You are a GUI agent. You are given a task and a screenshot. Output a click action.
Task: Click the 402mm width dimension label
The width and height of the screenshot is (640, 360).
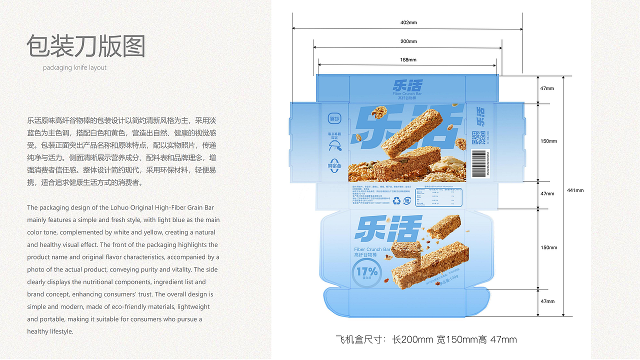point(408,22)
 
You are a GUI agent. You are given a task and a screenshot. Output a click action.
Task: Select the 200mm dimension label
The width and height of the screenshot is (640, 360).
point(408,41)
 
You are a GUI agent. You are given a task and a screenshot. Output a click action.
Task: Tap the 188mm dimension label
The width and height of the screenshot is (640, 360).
point(408,59)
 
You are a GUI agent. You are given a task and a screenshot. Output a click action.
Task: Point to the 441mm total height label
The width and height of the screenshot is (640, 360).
point(575,190)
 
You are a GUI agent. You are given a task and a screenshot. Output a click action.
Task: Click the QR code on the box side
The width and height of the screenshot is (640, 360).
point(478,138)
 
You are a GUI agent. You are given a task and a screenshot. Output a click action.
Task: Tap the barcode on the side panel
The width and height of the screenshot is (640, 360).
point(480,163)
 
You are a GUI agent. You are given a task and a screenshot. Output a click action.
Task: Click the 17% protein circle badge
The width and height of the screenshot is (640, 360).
point(367,272)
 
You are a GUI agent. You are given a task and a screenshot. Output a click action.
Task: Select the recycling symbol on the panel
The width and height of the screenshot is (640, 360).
point(397,200)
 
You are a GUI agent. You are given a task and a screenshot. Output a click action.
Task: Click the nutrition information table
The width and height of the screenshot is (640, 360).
point(440,197)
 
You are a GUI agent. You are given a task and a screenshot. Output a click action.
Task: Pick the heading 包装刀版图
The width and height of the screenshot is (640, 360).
point(85,47)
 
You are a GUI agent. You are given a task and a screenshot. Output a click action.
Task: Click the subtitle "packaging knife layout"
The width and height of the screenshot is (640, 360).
point(74,67)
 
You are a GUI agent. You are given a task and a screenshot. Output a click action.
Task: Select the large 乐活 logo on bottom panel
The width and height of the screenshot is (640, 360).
point(388,229)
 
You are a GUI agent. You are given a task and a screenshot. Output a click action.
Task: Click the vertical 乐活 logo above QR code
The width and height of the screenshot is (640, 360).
point(480,116)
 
